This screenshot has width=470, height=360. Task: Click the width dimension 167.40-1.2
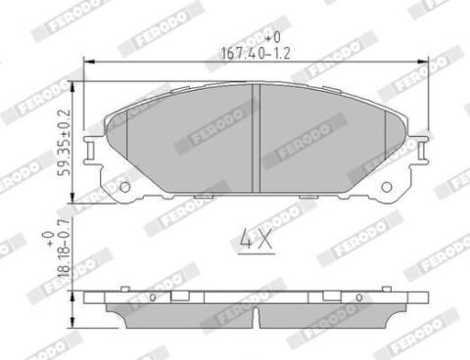(x=256, y=53)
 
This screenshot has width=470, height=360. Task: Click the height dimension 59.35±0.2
(x=64, y=143)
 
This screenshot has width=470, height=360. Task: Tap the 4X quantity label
(x=257, y=239)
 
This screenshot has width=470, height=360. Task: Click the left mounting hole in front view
(x=125, y=187)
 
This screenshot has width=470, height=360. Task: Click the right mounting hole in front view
(x=387, y=187)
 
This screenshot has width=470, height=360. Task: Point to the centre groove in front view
(x=257, y=138)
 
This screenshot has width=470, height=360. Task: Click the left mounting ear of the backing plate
(x=91, y=150)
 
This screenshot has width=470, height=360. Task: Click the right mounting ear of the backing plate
(x=420, y=150)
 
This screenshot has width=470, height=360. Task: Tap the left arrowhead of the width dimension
(x=89, y=61)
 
